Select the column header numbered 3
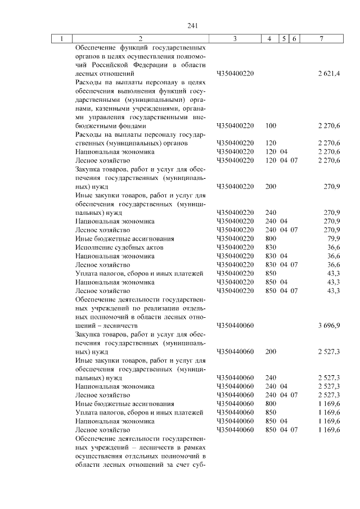tap(235, 38)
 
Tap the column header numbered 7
tap(321, 38)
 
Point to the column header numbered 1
tap(62, 38)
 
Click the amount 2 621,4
tap(329, 74)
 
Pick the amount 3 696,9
tap(329, 326)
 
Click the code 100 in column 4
tap(271, 126)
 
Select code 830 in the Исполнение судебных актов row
tap(271, 247)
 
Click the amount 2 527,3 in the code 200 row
tap(329, 352)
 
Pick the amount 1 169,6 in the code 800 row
tap(329, 404)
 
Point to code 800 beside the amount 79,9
tap(271, 238)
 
